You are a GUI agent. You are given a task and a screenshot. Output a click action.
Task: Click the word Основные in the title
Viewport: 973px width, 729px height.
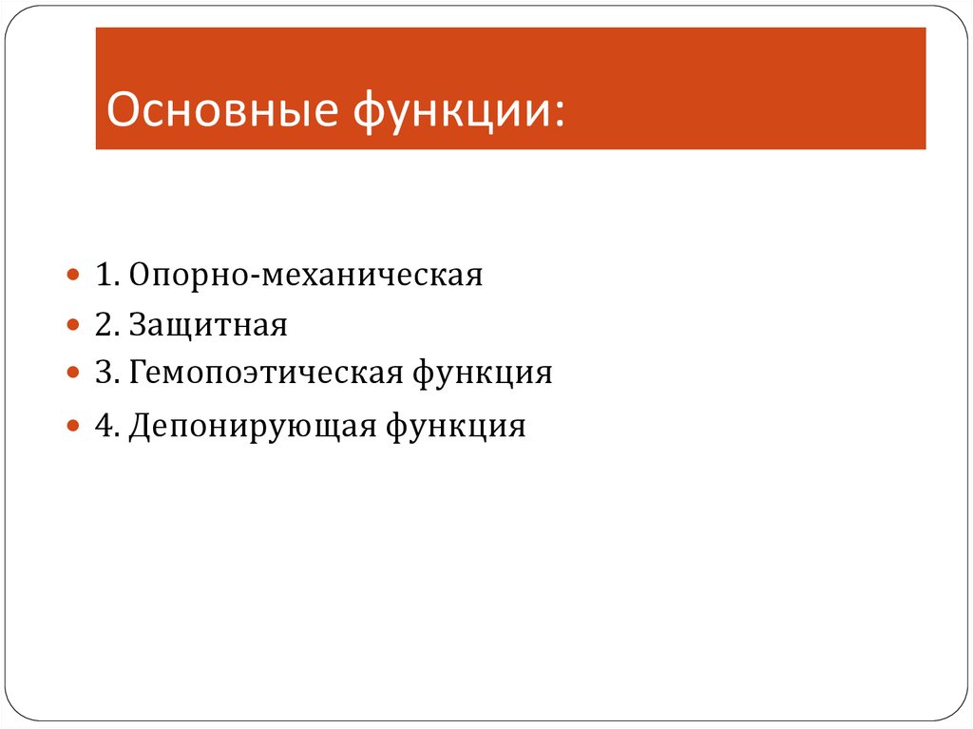click(221, 110)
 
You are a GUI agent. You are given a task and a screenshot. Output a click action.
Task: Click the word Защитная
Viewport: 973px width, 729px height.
click(209, 326)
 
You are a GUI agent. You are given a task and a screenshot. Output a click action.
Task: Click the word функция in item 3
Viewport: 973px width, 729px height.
click(482, 373)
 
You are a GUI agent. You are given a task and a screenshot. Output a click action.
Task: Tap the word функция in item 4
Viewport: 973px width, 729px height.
click(455, 425)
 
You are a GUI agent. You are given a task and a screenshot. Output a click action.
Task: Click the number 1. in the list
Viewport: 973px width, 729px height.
click(105, 276)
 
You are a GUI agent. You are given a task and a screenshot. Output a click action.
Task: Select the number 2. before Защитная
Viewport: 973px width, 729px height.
click(105, 326)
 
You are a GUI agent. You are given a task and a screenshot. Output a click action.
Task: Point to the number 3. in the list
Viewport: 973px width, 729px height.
click(105, 373)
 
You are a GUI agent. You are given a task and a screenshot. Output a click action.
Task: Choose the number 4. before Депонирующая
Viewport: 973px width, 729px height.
click(105, 425)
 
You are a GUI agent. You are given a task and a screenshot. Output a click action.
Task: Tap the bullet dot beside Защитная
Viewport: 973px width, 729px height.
click(74, 326)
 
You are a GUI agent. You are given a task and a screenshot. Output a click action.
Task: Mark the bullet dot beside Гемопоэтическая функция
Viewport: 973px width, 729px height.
click(74, 374)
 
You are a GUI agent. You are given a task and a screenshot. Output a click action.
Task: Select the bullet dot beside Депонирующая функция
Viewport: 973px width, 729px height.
click(74, 425)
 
